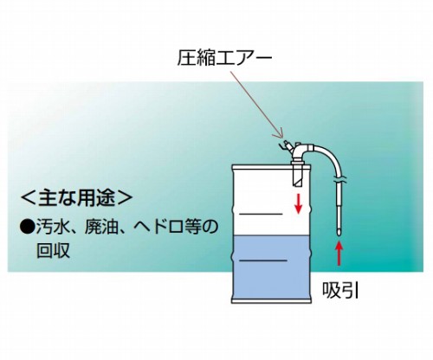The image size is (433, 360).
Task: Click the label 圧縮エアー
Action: click(x=224, y=58)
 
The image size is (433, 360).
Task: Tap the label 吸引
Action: click(x=340, y=290)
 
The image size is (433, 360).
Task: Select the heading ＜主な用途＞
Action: click(x=77, y=197)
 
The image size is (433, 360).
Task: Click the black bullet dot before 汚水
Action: click(x=27, y=228)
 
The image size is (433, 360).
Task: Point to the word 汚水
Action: click(x=51, y=228)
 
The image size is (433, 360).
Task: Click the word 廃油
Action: click(x=100, y=228)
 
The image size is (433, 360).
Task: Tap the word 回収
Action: click(x=53, y=250)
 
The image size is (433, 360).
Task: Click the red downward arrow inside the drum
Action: click(x=298, y=203)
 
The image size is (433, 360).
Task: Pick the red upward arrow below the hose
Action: click(x=339, y=253)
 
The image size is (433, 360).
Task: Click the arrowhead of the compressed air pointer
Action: click(x=281, y=135)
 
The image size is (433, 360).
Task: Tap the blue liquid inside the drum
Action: click(x=270, y=267)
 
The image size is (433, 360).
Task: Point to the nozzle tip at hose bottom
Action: click(x=339, y=231)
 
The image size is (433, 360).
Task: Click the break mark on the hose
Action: click(x=339, y=180)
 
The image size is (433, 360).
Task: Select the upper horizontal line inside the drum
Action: click(x=261, y=214)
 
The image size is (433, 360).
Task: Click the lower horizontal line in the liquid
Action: click(x=263, y=260)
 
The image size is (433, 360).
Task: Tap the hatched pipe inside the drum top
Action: click(x=298, y=175)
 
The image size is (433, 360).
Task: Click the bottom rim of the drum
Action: click(x=271, y=301)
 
